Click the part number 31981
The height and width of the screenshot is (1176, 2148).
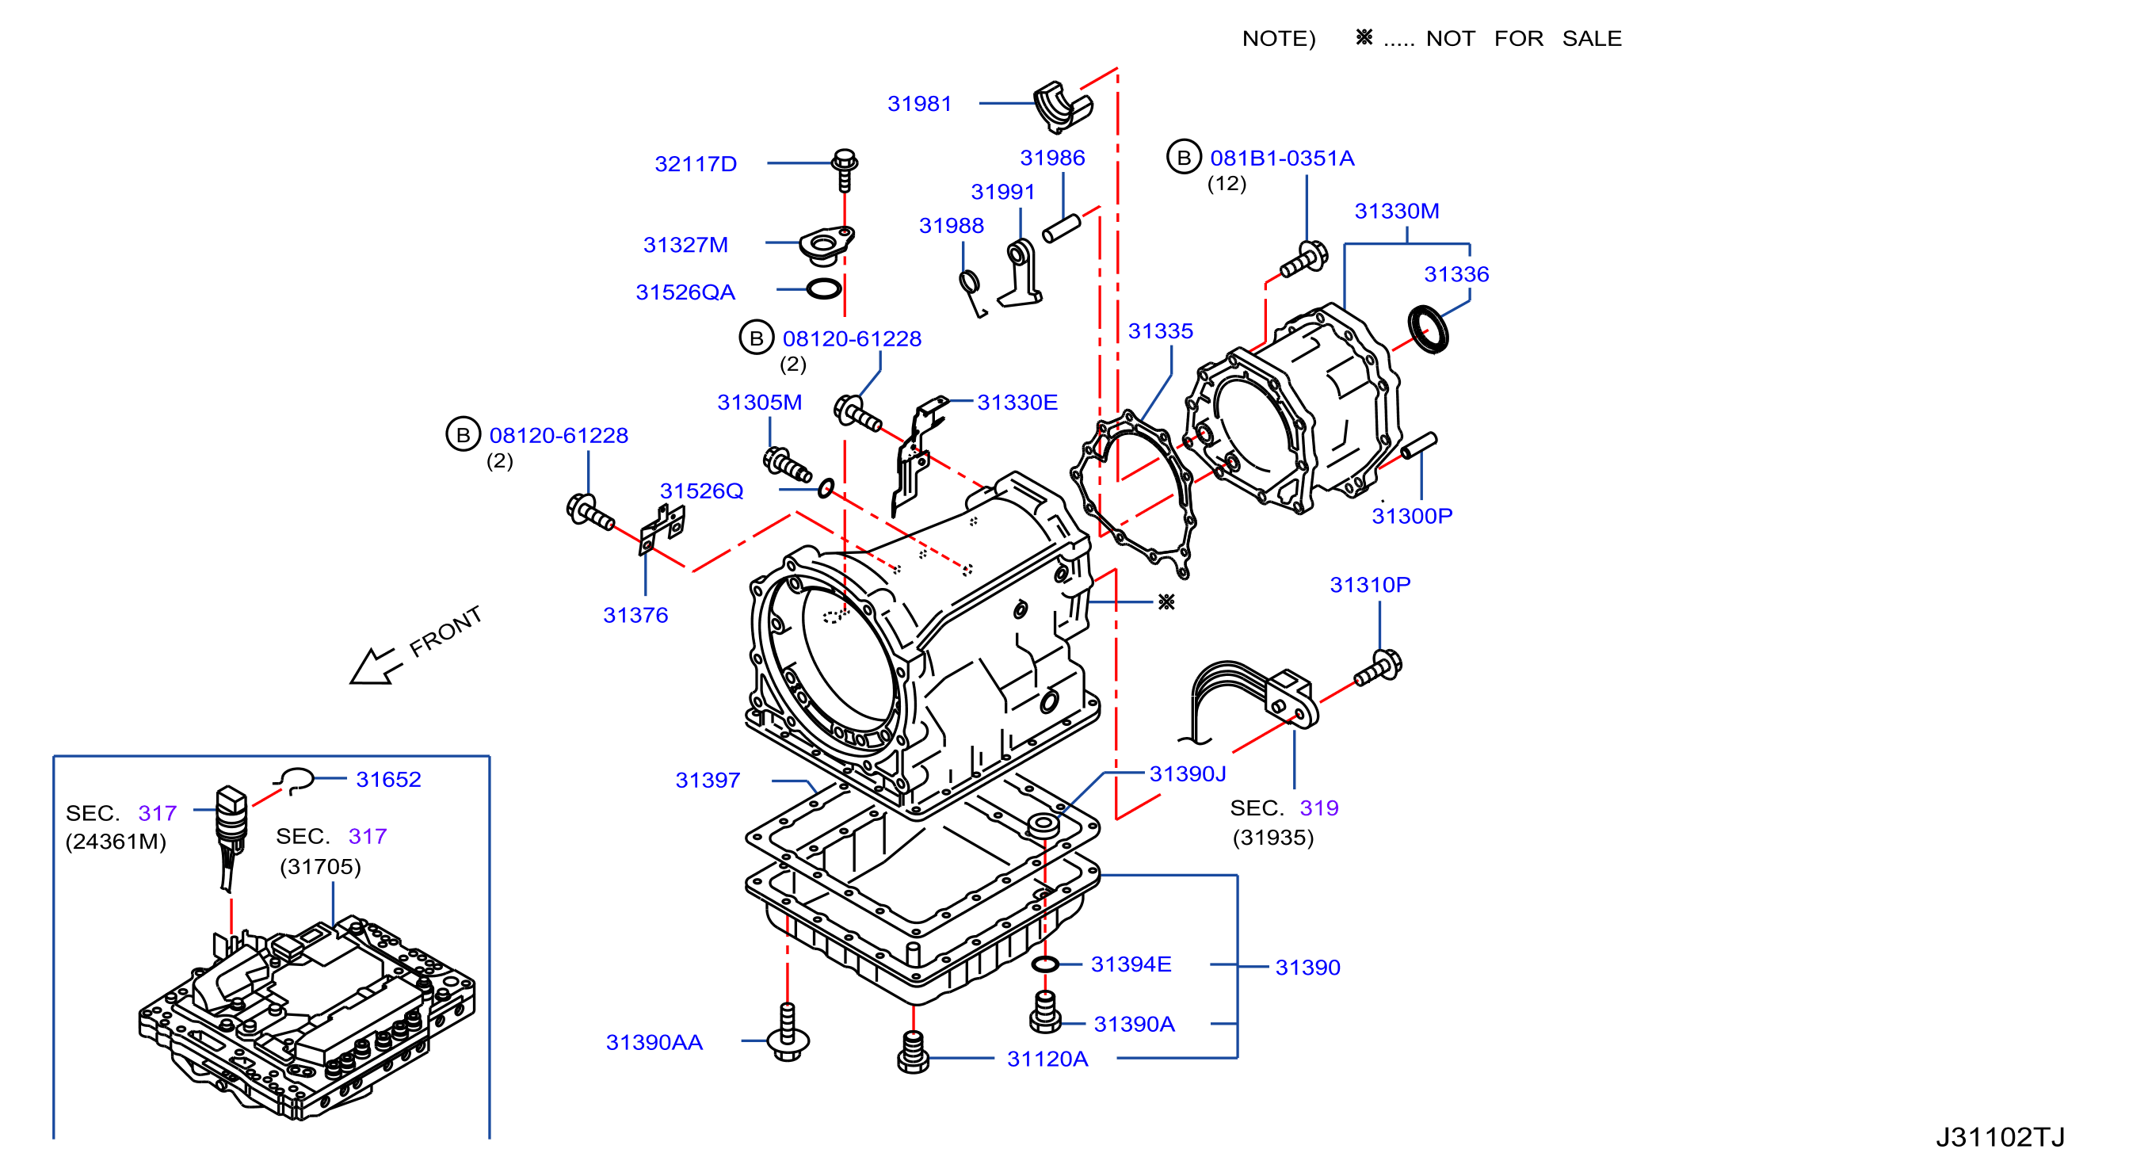pos(919,104)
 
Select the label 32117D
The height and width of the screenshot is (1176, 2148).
pos(696,163)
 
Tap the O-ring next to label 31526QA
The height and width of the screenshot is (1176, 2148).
pos(824,289)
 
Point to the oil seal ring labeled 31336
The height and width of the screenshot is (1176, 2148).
pos(1429,330)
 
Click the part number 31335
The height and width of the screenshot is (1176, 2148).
pos(1160,331)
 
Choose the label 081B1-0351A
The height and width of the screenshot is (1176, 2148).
pos(1282,158)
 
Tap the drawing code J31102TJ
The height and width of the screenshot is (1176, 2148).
pos(2000,1137)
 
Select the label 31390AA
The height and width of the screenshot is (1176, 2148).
pos(654,1042)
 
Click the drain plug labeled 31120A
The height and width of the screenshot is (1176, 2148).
pos(913,1052)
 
